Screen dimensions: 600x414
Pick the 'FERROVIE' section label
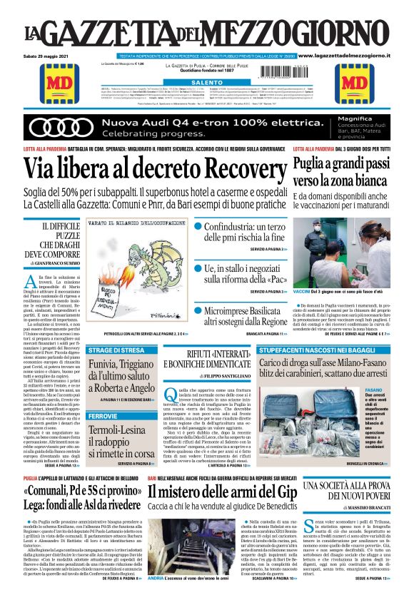[x=103, y=415]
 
